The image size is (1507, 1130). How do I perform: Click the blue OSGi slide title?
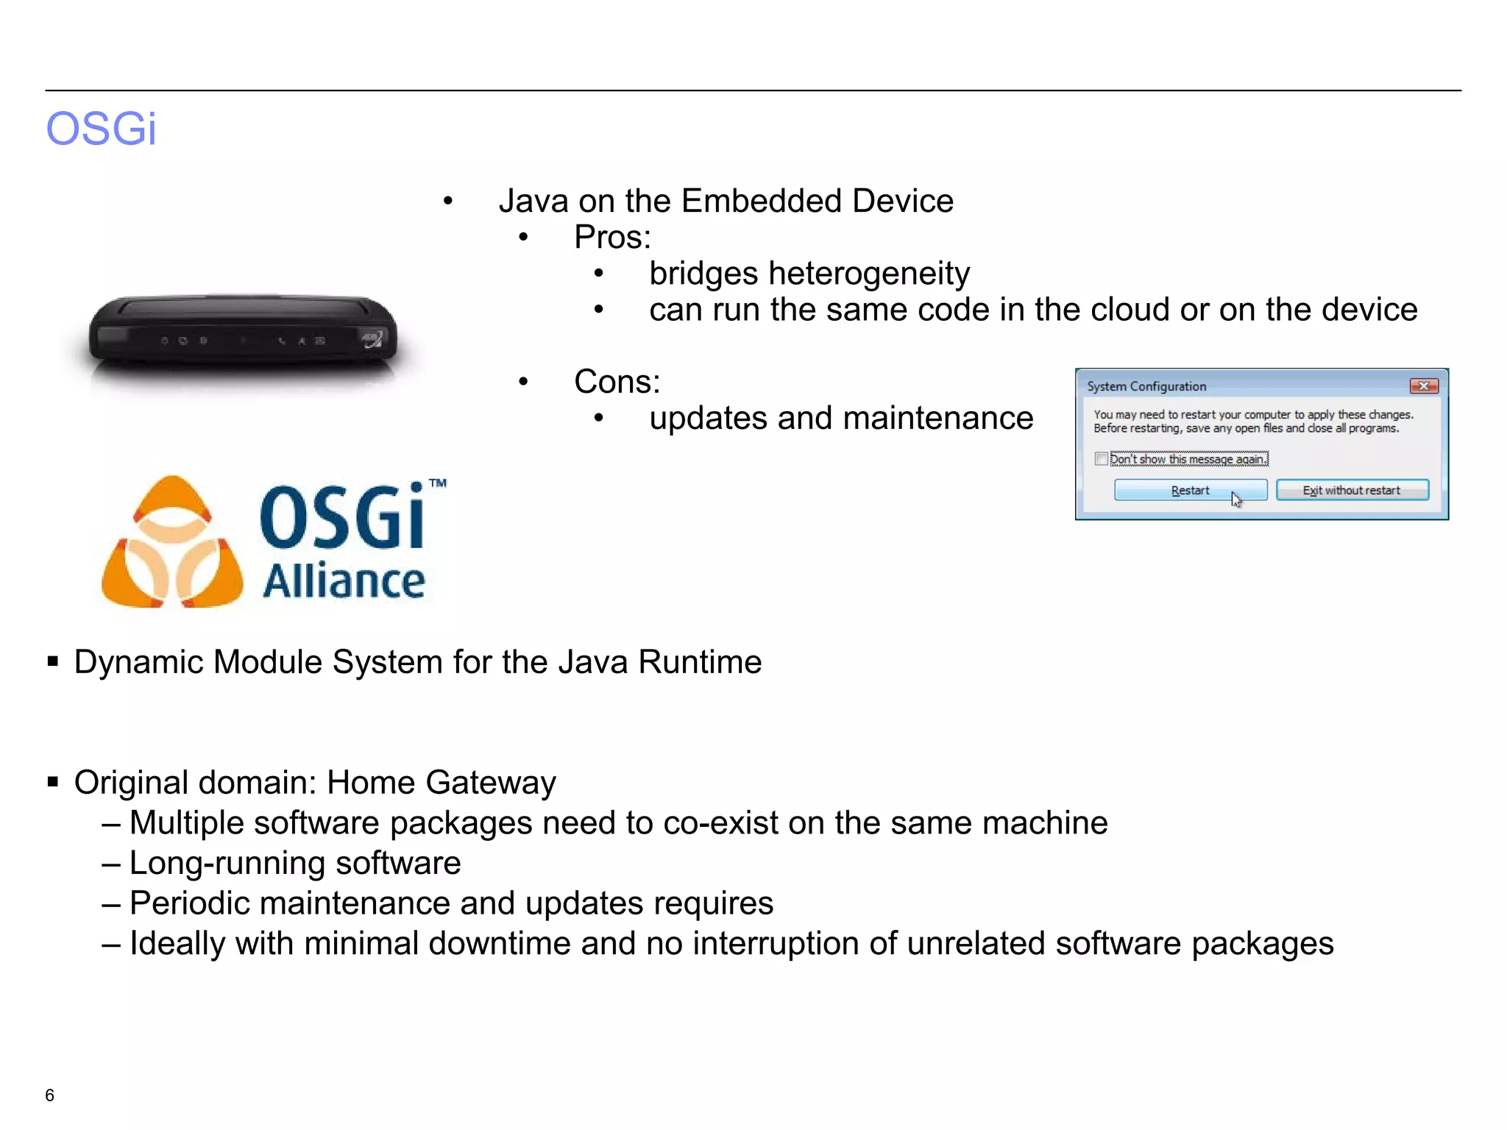[101, 129]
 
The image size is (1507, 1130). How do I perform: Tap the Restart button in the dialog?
[1190, 490]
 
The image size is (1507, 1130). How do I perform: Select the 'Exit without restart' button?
[1352, 490]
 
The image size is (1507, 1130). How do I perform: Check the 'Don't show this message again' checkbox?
[1101, 459]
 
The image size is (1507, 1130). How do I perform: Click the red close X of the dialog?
[1424, 386]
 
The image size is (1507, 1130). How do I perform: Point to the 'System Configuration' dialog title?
[1146, 386]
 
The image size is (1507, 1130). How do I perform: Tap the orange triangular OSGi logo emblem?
[172, 543]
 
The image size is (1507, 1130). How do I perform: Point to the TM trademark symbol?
[438, 483]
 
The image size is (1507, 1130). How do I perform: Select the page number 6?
[49, 1095]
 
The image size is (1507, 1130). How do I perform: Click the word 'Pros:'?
[612, 238]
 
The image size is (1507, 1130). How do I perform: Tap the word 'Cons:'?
[617, 382]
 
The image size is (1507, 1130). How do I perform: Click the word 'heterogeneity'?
[869, 274]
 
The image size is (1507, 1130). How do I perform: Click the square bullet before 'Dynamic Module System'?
[52, 661]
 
